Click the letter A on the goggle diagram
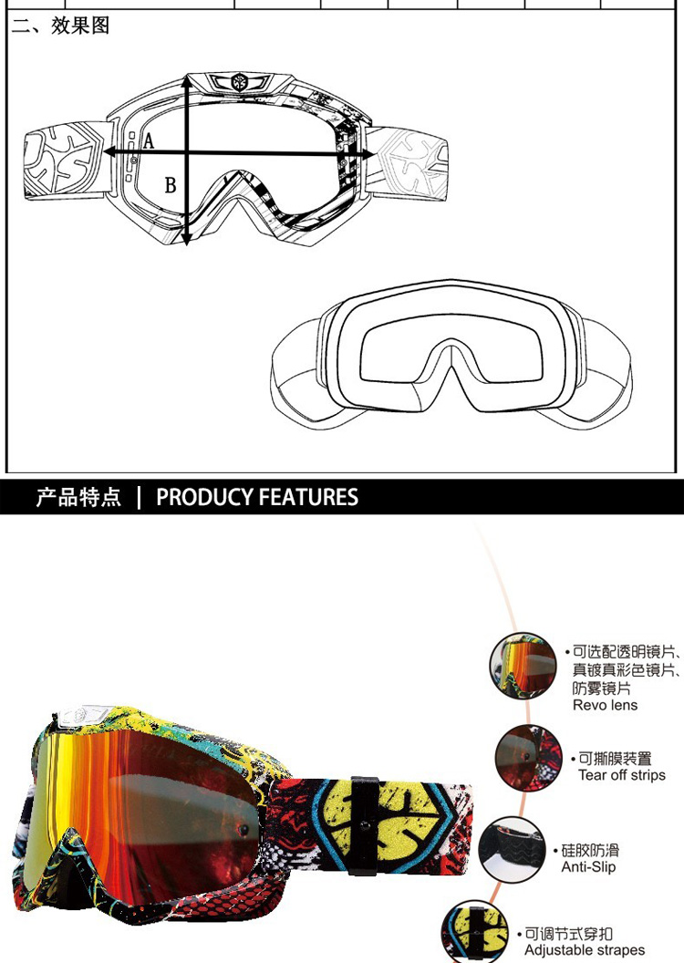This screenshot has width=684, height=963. pos(149,141)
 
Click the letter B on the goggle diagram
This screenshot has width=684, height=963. pos(170,186)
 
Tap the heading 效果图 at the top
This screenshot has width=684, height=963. pos(80,26)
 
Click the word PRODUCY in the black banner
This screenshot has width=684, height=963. pos(203,497)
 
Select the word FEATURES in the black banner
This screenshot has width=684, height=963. pos(308,497)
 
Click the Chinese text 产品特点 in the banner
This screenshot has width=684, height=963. pos(78,497)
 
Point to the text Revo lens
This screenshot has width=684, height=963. pos(605,705)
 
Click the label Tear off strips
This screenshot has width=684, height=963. pos(622,775)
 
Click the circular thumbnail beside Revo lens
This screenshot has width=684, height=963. pos(523,667)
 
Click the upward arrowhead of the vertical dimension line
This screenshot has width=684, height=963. pos(187,81)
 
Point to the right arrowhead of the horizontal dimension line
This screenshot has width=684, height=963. pos(369,154)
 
